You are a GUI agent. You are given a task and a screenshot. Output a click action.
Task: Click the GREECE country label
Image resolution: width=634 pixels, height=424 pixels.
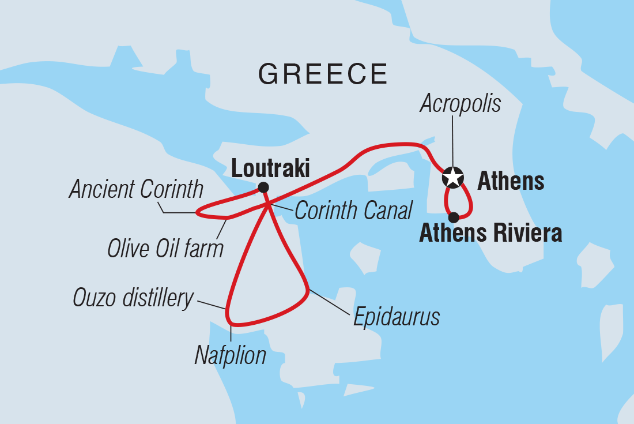tap(323, 74)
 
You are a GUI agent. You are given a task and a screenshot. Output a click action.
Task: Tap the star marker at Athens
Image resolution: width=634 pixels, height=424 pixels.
tap(453, 177)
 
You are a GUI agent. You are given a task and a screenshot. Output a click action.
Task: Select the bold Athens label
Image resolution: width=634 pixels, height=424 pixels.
tap(511, 182)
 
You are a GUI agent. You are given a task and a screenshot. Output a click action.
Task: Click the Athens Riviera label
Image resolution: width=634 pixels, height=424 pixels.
tap(490, 234)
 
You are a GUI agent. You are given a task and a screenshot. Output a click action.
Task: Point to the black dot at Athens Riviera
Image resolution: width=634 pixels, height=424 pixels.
tap(454, 217)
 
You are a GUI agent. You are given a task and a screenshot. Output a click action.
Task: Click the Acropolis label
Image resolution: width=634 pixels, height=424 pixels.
tap(460, 104)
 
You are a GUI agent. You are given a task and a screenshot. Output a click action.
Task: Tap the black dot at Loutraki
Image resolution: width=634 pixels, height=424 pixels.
tap(263, 187)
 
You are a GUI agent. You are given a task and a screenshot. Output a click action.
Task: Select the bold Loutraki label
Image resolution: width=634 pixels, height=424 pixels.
tap(270, 169)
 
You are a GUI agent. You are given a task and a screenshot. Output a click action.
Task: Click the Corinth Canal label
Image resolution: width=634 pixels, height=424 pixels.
tap(353, 211)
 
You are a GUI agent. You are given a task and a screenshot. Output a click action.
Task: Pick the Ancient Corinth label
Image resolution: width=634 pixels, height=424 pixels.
tap(136, 189)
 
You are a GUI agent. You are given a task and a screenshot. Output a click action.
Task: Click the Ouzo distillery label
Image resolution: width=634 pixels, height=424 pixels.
tap(133, 298)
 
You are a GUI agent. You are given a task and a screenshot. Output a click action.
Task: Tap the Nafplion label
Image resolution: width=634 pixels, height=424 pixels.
tap(231, 355)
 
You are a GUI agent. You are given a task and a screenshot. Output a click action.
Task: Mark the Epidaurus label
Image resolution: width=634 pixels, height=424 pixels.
tap(397, 317)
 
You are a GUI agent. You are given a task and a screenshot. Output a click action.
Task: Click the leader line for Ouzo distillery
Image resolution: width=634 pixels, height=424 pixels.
tap(211, 304)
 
